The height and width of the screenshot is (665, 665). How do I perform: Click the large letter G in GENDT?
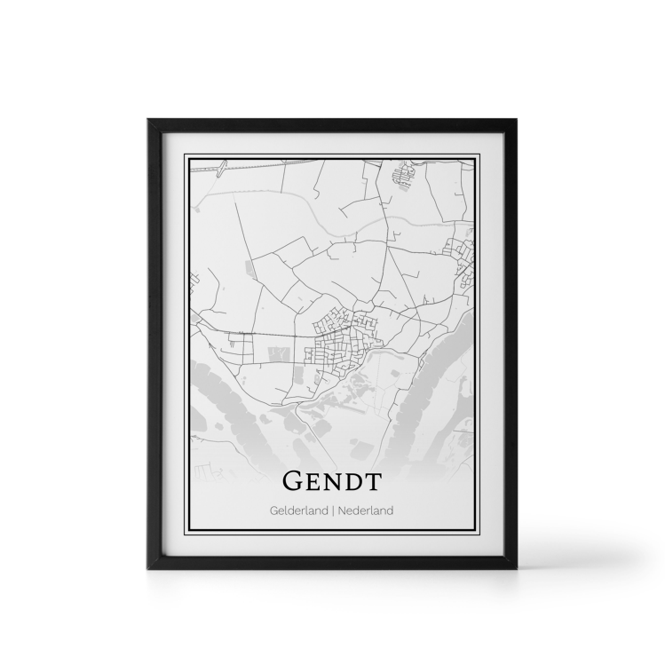pyautogui.click(x=294, y=481)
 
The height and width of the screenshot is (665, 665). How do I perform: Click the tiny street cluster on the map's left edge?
pyautogui.click(x=192, y=286)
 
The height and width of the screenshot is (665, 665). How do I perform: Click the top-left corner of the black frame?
pyautogui.click(x=147, y=119)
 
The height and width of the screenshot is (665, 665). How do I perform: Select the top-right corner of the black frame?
pyautogui.click(x=518, y=119)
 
